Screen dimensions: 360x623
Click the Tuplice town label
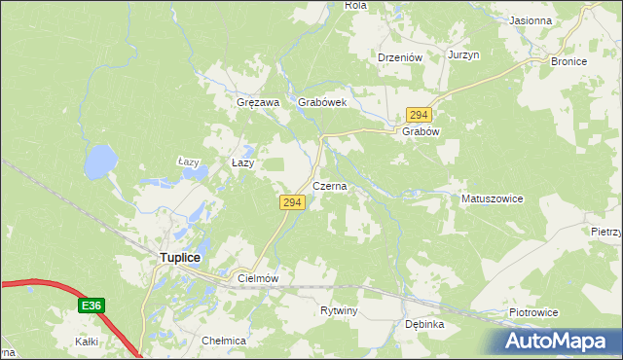[180, 258]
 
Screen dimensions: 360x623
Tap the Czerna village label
[329, 185]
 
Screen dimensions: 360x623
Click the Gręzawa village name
[258, 102]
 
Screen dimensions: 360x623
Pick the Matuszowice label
[492, 198]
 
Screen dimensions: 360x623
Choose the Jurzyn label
[464, 55]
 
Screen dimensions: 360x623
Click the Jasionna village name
[531, 20]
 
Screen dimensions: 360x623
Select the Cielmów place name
[258, 278]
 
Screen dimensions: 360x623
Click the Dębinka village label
[424, 324]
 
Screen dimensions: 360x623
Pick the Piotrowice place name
[533, 312]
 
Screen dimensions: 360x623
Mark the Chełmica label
[223, 342]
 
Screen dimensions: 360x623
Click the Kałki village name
[88, 342]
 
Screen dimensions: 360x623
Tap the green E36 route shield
[91, 306]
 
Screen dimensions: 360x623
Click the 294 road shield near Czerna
[293, 202]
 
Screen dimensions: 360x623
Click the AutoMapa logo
[560, 340]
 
